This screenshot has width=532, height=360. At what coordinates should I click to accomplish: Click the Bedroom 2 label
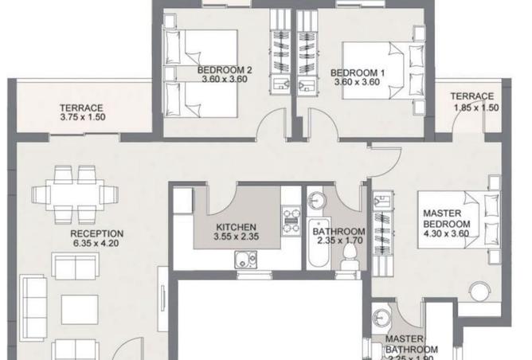(x=225, y=70)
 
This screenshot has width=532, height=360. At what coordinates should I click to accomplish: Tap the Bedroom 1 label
(x=358, y=73)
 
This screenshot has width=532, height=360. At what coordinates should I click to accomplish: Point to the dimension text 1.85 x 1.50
(x=475, y=106)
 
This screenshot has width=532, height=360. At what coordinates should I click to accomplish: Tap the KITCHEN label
(x=236, y=227)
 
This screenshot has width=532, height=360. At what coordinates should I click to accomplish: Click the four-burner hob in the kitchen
(x=290, y=218)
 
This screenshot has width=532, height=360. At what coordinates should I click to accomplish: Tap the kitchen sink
(x=242, y=259)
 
